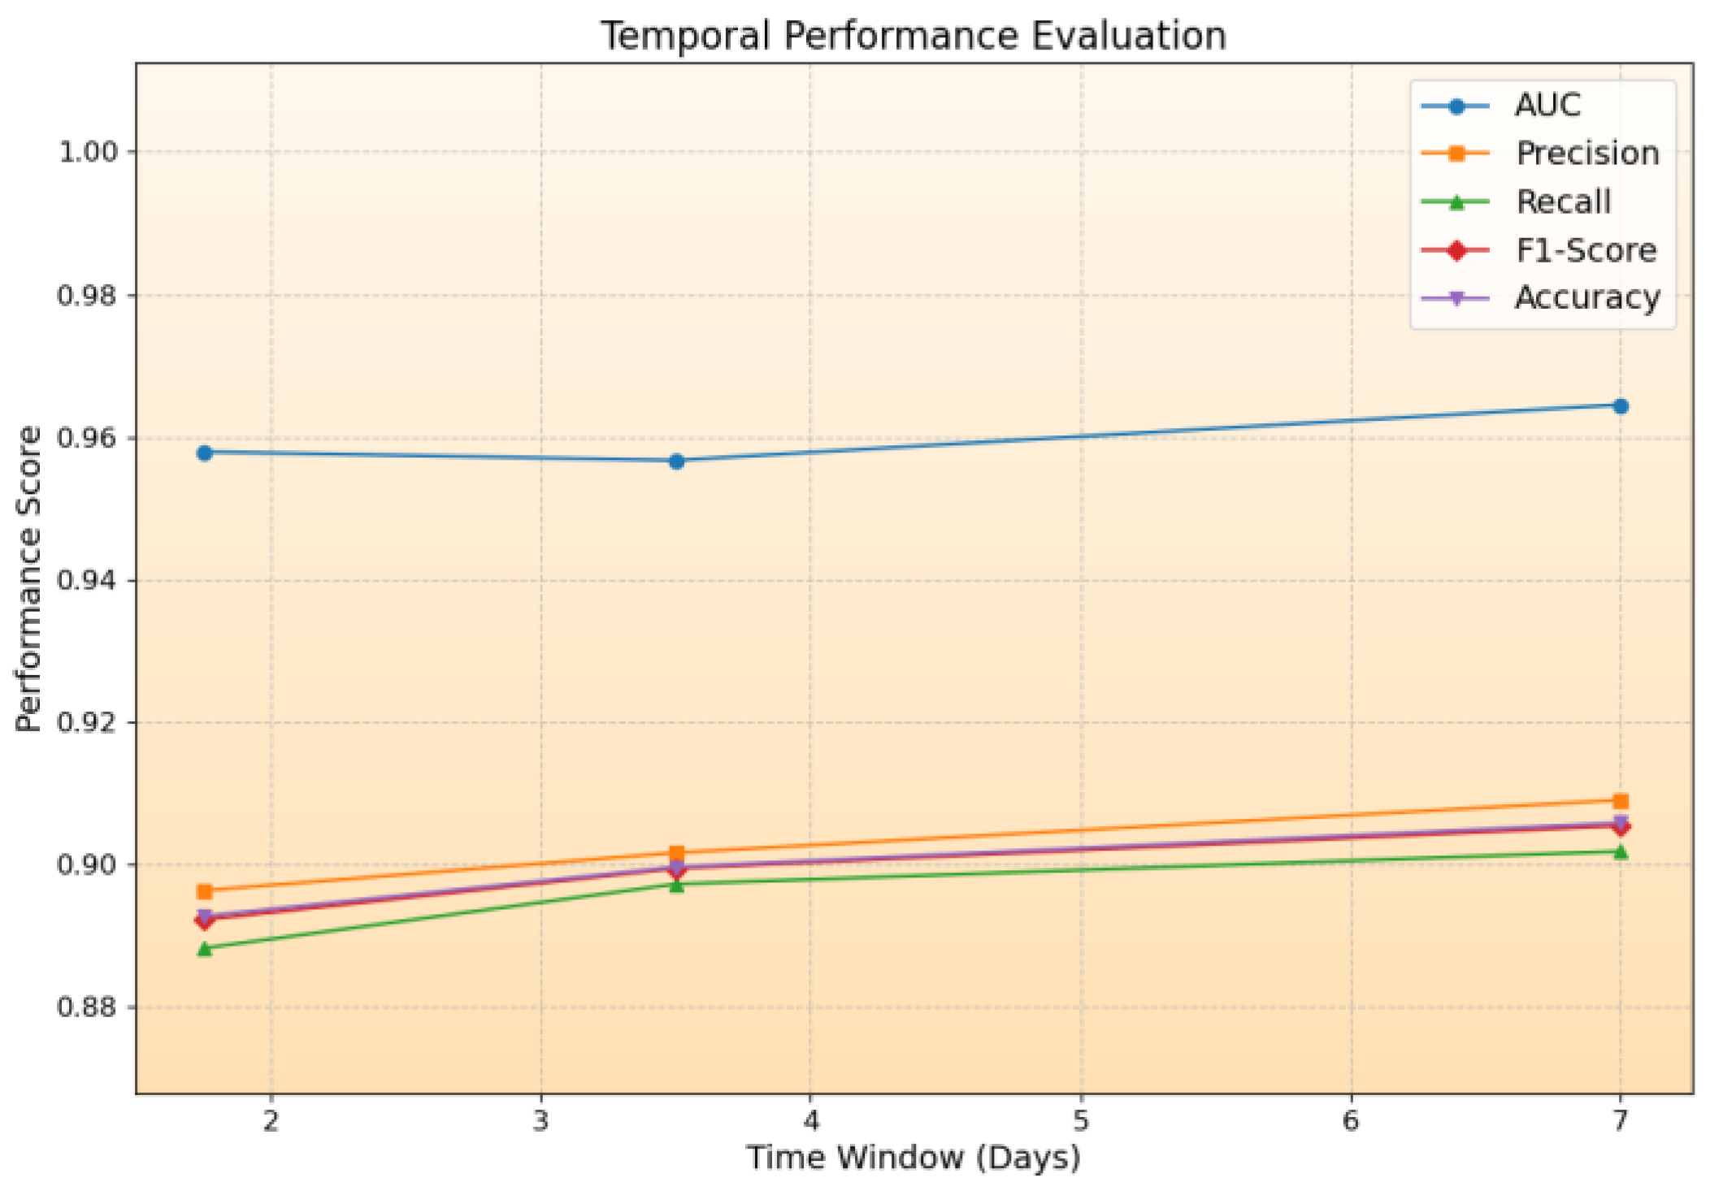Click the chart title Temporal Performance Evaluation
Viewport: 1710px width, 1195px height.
pos(913,37)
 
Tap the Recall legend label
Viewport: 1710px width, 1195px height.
pos(1562,201)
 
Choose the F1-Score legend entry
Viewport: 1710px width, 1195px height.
pos(1585,250)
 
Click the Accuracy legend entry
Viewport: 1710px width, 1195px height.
pos(1586,298)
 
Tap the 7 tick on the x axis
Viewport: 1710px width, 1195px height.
pos(1620,1121)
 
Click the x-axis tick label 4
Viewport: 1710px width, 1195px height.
pos(810,1121)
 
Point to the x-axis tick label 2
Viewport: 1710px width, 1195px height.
pos(271,1121)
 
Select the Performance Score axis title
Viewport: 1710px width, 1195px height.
pos(29,578)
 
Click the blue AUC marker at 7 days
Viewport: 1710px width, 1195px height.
pos(1620,406)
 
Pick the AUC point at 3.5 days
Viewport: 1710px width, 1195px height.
pos(675,461)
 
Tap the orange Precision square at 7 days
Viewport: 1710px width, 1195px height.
pos(1620,801)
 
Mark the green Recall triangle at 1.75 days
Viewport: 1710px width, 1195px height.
pos(204,948)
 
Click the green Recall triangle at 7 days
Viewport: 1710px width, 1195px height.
pos(1620,852)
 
